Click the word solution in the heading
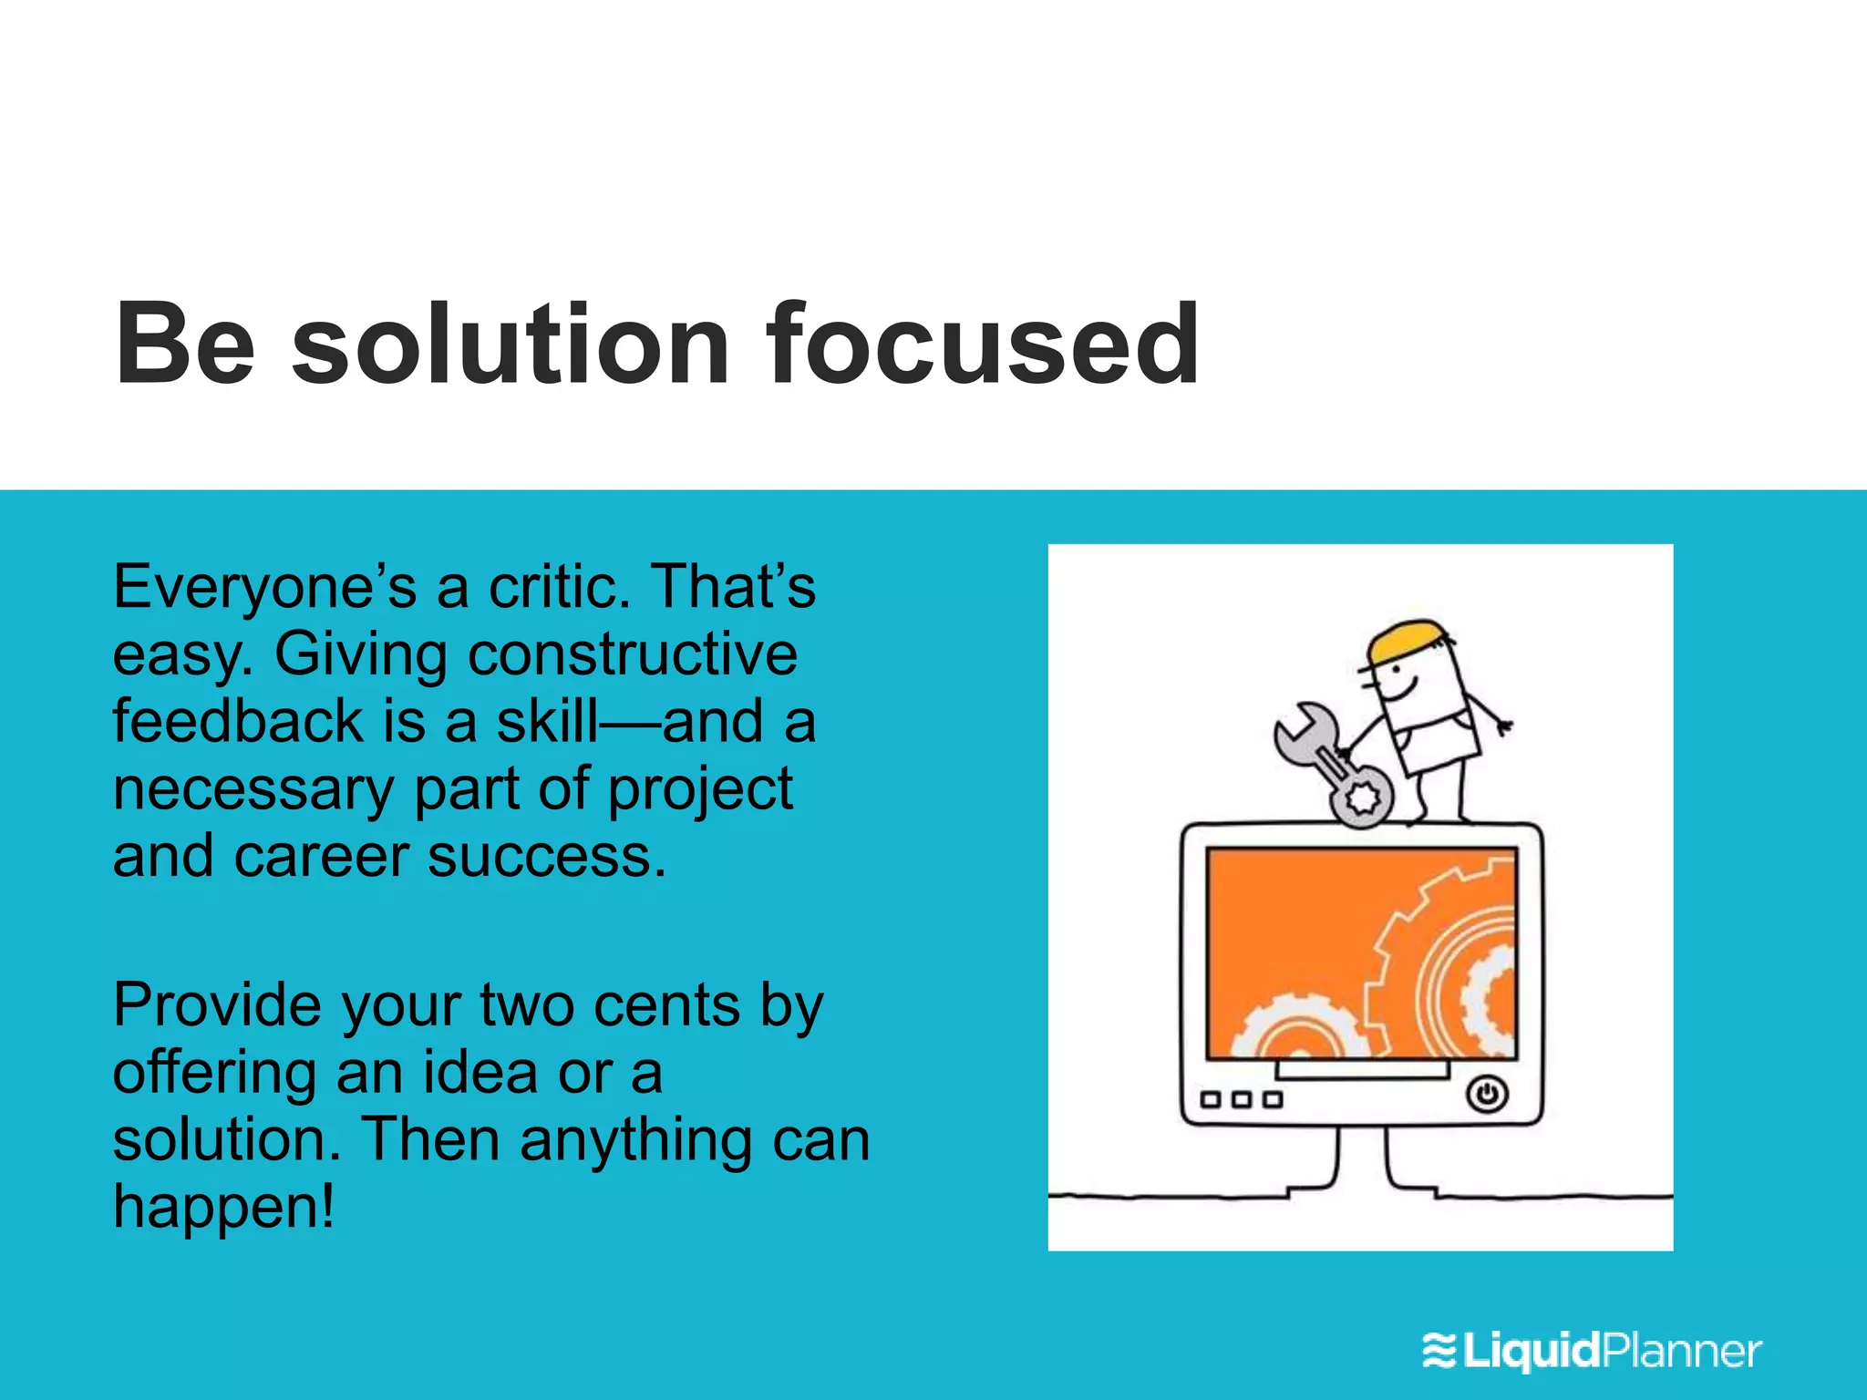[511, 345]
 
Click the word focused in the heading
[982, 345]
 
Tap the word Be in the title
[185, 345]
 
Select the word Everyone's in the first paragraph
[264, 588]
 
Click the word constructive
[633, 654]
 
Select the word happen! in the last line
[223, 1208]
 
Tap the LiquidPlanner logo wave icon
[1439, 1351]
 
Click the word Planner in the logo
[1682, 1351]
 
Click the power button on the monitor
[1487, 1094]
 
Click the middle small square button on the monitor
[1241, 1100]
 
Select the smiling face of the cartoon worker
[1399, 679]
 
